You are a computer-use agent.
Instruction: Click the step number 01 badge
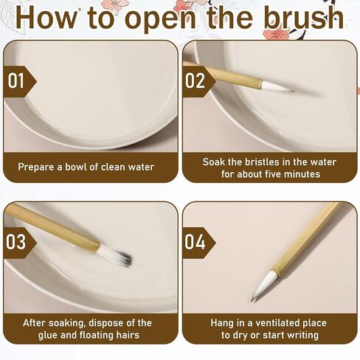point(16,80)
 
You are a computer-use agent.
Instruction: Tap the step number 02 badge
point(195,80)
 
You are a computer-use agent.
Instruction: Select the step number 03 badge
point(16,241)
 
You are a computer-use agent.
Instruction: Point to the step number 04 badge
point(195,241)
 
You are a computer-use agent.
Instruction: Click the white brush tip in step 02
point(277,88)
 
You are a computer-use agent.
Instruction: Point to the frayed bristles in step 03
point(116,255)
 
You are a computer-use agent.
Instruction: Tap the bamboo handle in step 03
point(52,229)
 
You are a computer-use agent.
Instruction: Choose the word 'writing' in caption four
point(300,335)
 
